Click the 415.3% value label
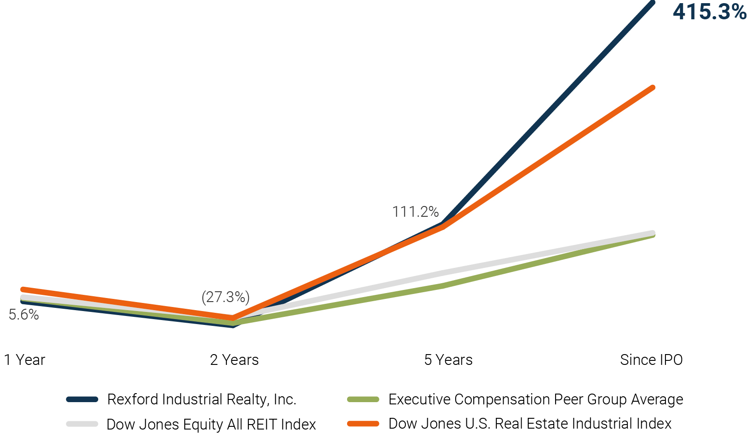pyautogui.click(x=709, y=12)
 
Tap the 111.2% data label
pyautogui.click(x=415, y=211)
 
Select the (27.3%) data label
pyautogui.click(x=226, y=297)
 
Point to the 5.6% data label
pyautogui.click(x=24, y=315)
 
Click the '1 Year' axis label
pyautogui.click(x=25, y=360)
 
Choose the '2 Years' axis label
pyautogui.click(x=234, y=360)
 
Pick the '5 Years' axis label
pyautogui.click(x=448, y=360)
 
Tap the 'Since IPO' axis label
pyautogui.click(x=651, y=360)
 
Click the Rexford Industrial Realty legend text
pyautogui.click(x=202, y=399)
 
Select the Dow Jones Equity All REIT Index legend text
pyautogui.click(x=211, y=424)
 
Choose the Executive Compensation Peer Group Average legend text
pyautogui.click(x=535, y=399)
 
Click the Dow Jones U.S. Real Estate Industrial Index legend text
pyautogui.click(x=530, y=424)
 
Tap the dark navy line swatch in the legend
pyautogui.click(x=82, y=399)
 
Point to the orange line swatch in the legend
pyautogui.click(x=363, y=424)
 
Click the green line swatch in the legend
pyautogui.click(x=363, y=399)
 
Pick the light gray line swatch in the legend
pyautogui.click(x=82, y=424)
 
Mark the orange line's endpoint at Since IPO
pyautogui.click(x=652, y=88)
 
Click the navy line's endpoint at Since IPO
pyautogui.click(x=652, y=3)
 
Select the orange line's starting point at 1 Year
pyautogui.click(x=23, y=289)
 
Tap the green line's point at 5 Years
pyautogui.click(x=443, y=285)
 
